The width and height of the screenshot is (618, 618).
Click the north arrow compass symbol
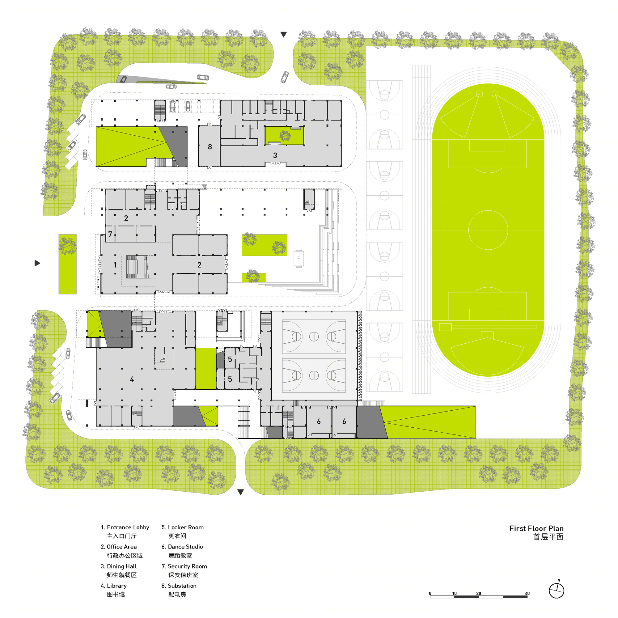(x=556, y=590)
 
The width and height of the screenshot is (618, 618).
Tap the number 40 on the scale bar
(x=527, y=593)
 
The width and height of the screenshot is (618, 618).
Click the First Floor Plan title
(x=536, y=533)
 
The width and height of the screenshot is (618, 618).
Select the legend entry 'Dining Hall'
(x=119, y=571)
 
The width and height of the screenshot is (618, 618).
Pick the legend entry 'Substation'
(x=179, y=590)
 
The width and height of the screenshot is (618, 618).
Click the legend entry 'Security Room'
(x=184, y=571)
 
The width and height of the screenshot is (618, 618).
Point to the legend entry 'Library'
(x=113, y=590)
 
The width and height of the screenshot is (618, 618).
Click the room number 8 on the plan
(x=210, y=147)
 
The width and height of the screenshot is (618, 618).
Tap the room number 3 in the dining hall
(x=275, y=155)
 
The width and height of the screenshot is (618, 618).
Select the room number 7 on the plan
(x=110, y=234)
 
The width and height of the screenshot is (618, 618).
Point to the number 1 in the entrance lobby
(x=115, y=265)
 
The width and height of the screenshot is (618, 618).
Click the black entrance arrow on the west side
(x=37, y=263)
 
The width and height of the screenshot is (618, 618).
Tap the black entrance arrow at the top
(x=283, y=35)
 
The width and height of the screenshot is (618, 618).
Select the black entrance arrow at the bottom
(x=240, y=492)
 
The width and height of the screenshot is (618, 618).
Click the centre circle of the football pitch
(x=488, y=230)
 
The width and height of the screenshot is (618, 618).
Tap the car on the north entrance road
(x=285, y=77)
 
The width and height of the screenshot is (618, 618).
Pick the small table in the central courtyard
(x=299, y=258)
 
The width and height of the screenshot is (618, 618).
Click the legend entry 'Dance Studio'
(x=182, y=551)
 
